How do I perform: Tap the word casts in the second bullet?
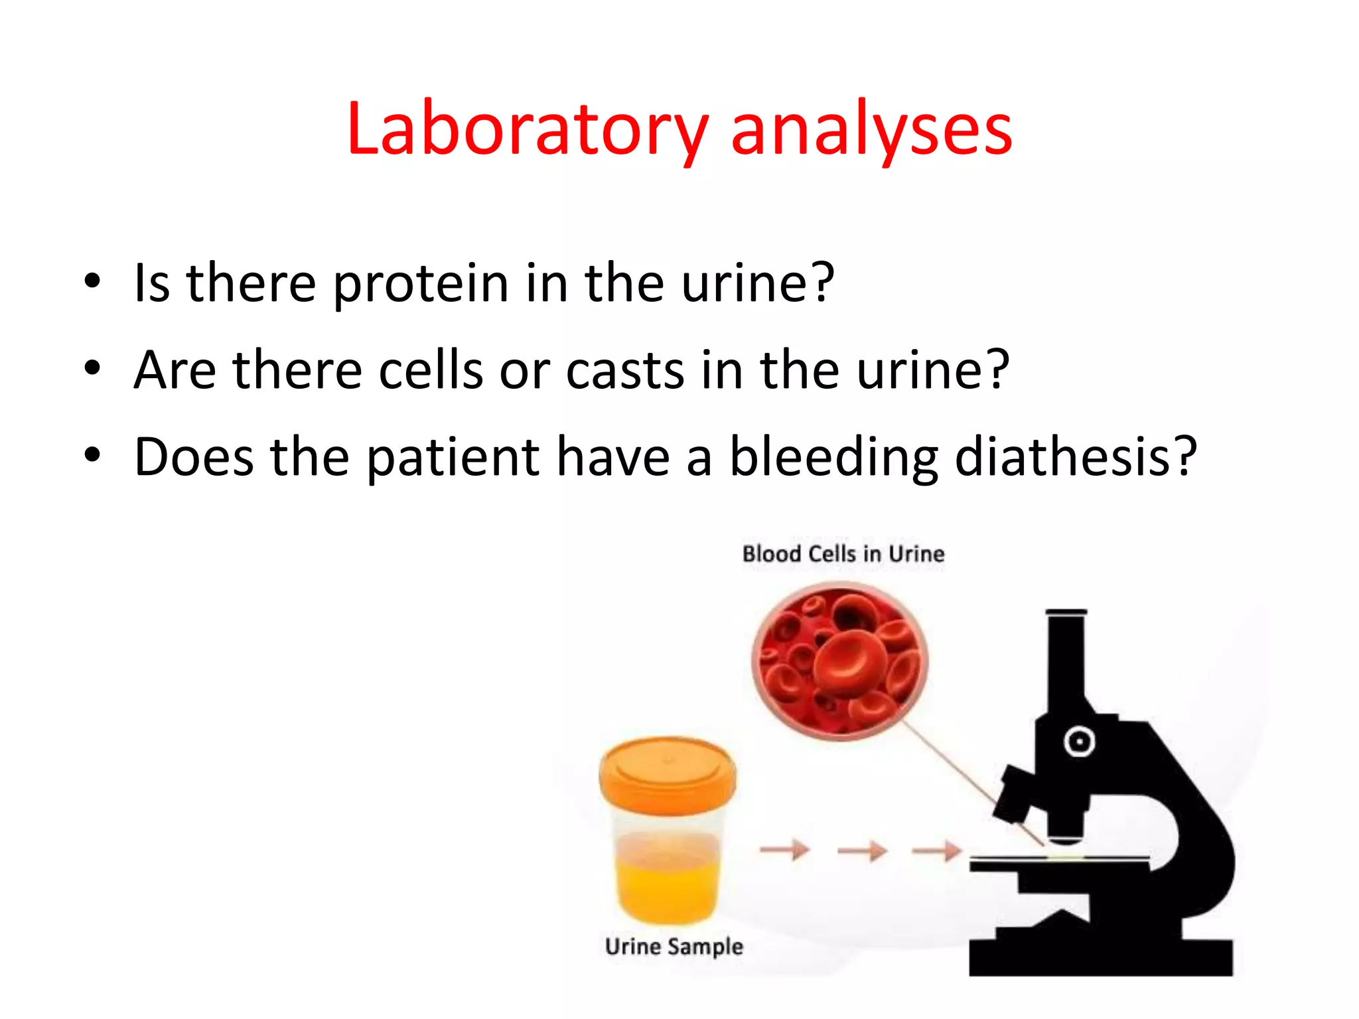click(x=624, y=370)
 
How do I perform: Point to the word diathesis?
click(x=1075, y=457)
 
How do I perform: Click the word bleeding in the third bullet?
click(x=833, y=457)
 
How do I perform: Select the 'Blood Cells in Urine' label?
click(x=843, y=553)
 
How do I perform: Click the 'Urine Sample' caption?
click(x=674, y=946)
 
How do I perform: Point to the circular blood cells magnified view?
click(x=840, y=661)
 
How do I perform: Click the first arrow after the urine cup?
click(x=784, y=849)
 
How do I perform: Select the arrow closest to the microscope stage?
click(x=936, y=849)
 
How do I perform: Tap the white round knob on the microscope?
click(x=1079, y=741)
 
